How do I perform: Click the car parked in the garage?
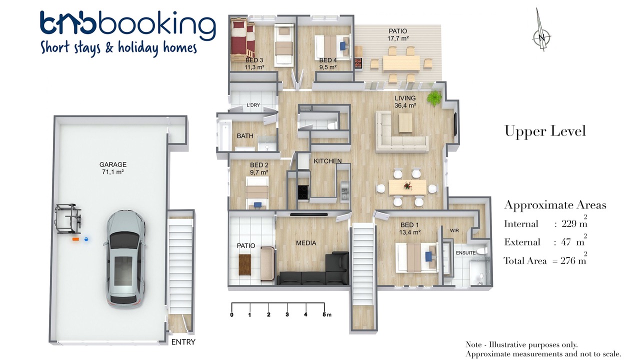125,259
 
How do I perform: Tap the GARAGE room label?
113,164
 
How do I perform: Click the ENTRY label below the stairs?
183,342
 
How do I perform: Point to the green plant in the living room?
434,98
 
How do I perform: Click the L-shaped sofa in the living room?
401,131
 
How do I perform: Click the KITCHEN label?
327,161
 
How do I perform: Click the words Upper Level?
545,131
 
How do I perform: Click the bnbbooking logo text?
127,25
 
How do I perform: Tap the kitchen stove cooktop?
303,192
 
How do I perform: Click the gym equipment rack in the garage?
68,218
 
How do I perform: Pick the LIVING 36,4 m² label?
405,101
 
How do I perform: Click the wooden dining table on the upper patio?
401,63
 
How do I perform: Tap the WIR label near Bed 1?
454,230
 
